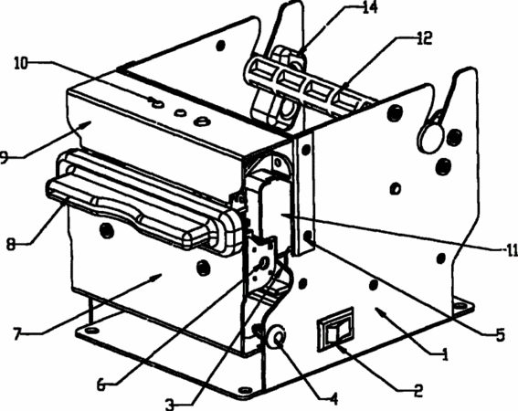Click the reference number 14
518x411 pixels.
click(x=369, y=7)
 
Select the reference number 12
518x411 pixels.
click(x=424, y=38)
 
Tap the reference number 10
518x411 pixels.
click(x=21, y=63)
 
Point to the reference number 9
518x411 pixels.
click(x=4, y=157)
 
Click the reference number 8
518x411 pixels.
click(x=11, y=245)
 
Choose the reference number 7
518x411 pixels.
click(x=18, y=333)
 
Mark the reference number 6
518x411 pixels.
click(x=101, y=385)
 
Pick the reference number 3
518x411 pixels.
click(x=170, y=405)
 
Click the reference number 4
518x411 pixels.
click(x=334, y=399)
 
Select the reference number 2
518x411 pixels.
click(x=418, y=390)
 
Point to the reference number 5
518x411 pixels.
click(x=501, y=334)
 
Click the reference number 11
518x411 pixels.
click(x=512, y=251)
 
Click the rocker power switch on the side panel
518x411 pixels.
click(x=335, y=329)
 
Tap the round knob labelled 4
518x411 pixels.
click(x=277, y=337)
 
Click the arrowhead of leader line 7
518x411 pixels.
click(x=157, y=277)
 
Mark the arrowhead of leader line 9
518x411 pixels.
click(x=87, y=124)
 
